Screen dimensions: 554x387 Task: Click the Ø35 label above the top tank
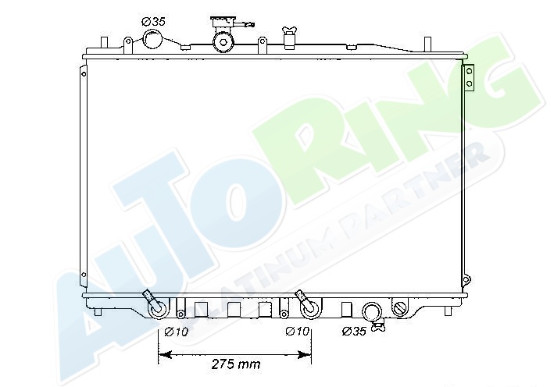(x=153, y=22)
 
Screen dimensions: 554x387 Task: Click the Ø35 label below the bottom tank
(x=354, y=332)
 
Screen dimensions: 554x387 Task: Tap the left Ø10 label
(x=177, y=332)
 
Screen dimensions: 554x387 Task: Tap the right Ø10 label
(x=297, y=332)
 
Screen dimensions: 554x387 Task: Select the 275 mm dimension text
(x=236, y=364)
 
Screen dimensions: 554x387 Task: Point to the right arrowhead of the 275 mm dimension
(x=304, y=354)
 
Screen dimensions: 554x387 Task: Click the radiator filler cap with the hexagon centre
(x=223, y=42)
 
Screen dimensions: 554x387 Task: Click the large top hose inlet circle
(x=152, y=40)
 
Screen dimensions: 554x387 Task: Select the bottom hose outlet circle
(x=373, y=312)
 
